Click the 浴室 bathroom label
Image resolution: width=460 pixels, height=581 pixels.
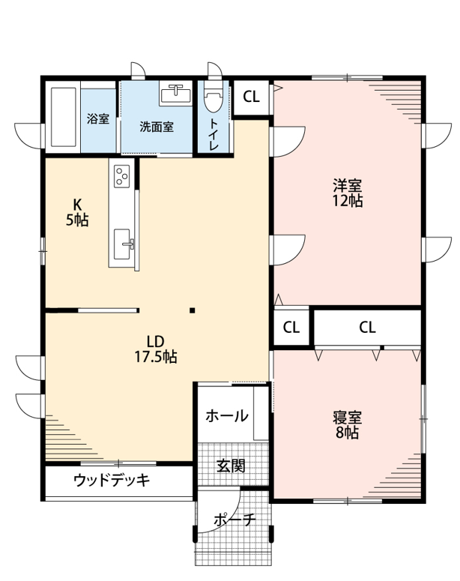tap(98, 119)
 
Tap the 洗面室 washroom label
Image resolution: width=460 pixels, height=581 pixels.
tap(157, 127)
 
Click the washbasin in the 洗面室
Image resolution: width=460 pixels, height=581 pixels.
tap(175, 94)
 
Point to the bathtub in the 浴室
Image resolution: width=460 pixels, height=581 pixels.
tap(64, 117)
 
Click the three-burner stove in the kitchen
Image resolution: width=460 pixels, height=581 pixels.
tap(122, 175)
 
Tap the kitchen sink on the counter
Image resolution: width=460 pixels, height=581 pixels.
tap(122, 244)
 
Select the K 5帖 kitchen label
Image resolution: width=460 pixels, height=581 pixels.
tap(77, 212)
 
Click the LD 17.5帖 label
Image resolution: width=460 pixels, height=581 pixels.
tap(155, 349)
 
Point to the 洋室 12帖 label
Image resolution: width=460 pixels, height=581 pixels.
tap(347, 193)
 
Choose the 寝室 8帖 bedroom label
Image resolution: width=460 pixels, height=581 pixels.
tap(347, 424)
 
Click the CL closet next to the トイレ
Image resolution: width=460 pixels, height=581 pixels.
tap(251, 97)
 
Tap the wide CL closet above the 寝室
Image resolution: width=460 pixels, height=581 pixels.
tap(367, 327)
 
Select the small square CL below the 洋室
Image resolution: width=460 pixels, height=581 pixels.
tap(291, 328)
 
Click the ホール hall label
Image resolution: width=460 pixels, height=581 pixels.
tap(227, 416)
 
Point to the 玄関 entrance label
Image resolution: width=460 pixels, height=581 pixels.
tap(231, 466)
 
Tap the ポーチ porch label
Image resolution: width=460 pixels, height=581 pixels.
tap(234, 520)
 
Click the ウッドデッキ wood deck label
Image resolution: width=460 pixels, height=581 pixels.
tap(112, 481)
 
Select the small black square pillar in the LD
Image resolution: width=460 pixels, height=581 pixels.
tap(193, 310)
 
